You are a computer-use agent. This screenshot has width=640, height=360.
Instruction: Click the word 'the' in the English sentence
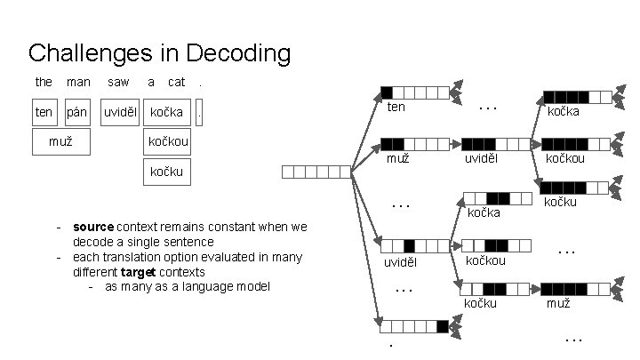coord(44,82)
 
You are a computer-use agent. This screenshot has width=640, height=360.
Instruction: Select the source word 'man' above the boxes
coord(78,82)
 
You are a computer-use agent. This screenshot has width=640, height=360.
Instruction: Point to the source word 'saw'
coord(117,82)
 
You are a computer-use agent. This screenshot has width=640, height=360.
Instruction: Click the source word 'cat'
coord(176,82)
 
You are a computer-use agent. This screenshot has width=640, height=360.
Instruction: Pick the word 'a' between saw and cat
coord(151,82)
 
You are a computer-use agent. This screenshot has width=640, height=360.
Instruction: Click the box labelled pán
coord(77,113)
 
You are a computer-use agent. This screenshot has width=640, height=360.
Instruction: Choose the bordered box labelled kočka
coord(166,113)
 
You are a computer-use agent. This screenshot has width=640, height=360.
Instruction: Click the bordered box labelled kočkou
coord(167,141)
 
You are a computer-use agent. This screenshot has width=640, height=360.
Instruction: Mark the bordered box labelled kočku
coord(167,172)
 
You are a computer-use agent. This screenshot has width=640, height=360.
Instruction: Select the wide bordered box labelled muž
coord(60,141)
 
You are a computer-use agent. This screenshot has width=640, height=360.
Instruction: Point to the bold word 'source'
coord(92,227)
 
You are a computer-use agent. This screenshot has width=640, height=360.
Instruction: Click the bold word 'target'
coord(138,272)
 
